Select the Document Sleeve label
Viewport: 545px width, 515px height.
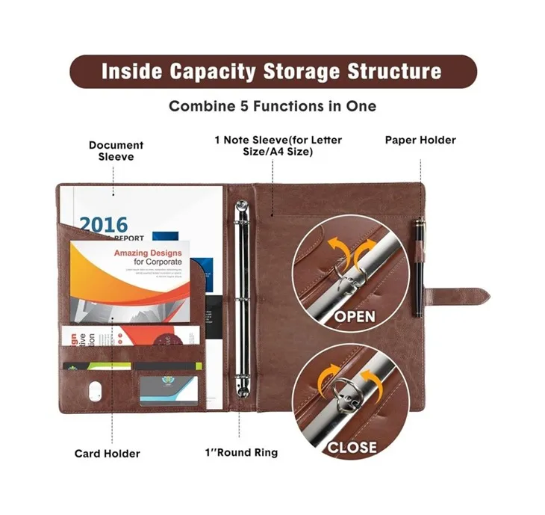tap(116, 151)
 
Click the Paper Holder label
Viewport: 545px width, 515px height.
tap(420, 140)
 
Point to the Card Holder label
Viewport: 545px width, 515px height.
tap(107, 453)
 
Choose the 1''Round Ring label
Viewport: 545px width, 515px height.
tap(240, 453)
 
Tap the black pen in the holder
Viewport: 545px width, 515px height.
tap(420, 266)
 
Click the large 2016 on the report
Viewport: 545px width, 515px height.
tap(104, 223)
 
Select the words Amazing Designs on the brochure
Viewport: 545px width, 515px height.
tap(148, 253)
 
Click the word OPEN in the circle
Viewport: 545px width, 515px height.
tap(355, 316)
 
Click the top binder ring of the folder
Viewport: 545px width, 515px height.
tap(241, 209)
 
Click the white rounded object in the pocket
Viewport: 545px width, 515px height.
tap(93, 391)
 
